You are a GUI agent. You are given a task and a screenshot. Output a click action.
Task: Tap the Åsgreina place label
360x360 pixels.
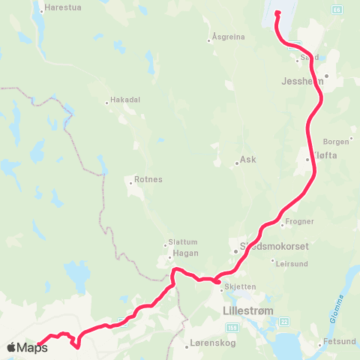point(229,36)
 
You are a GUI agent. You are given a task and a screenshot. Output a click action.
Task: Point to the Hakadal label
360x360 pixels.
point(125,99)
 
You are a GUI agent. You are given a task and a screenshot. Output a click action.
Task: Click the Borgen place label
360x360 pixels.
point(335,141)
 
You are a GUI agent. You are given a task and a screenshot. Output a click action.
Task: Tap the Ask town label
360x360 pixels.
point(248,160)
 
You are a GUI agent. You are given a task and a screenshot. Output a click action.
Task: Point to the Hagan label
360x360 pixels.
point(184,256)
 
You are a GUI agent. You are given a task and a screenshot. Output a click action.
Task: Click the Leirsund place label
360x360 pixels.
point(292,264)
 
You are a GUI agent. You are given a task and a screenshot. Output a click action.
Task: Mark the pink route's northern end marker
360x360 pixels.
point(277,13)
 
